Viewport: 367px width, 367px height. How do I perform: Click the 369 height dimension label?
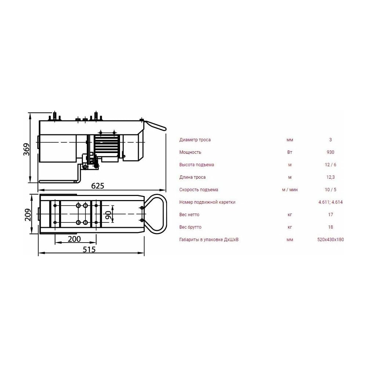27,149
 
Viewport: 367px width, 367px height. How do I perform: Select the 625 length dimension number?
98,186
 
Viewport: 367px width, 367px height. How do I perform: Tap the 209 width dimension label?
28,215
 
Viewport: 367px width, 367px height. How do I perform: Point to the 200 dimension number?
74,239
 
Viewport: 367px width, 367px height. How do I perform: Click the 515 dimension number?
89,250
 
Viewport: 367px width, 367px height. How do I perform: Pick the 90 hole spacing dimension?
108,215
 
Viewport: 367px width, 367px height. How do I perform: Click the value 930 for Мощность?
330,152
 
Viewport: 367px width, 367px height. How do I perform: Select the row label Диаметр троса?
195,140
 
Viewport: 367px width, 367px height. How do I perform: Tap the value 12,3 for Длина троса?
330,177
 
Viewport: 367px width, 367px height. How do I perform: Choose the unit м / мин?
290,190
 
